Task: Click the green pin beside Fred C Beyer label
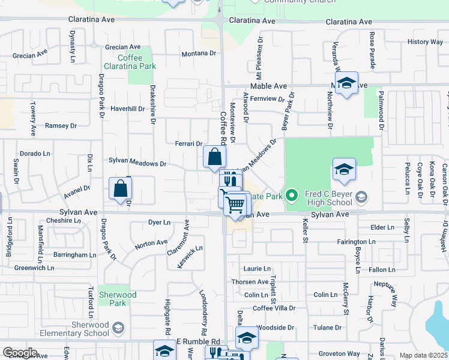tap(292, 196)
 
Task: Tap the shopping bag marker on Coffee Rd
tap(214, 157)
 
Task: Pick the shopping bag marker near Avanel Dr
tap(121, 188)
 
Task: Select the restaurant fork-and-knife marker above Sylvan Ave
tap(231, 181)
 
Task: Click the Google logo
tap(20, 353)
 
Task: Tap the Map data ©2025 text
tap(423, 356)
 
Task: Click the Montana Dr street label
tap(199, 53)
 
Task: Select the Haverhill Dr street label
tap(128, 109)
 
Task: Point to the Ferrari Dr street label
tap(188, 144)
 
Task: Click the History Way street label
tap(425, 42)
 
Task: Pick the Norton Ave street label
tap(151, 243)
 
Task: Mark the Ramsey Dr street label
tap(61, 126)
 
